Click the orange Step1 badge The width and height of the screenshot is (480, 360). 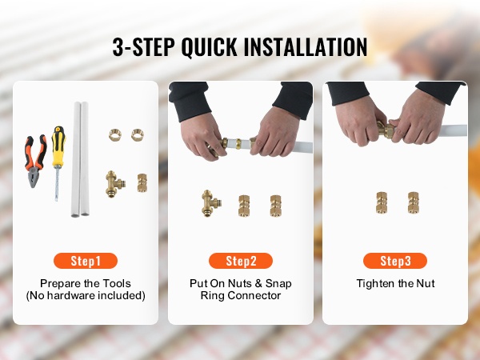86,261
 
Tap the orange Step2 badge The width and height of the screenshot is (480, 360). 241,261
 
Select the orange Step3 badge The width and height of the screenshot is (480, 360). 395,261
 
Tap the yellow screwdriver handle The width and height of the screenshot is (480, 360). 58,146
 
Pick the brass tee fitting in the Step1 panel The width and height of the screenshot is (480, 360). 115,184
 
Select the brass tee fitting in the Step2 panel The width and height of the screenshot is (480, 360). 211,203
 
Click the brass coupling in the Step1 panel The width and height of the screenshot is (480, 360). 142,183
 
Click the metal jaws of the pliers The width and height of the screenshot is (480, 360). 34,178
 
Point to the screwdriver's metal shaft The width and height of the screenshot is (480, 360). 57,184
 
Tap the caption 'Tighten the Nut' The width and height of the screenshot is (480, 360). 395,283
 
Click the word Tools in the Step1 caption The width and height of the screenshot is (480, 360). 117,283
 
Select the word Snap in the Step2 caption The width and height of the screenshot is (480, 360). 278,284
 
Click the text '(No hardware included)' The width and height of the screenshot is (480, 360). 86,296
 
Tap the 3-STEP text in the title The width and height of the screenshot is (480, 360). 143,47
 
